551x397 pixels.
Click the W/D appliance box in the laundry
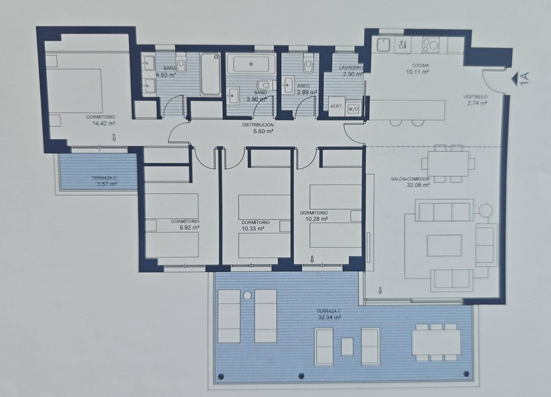point(353,109)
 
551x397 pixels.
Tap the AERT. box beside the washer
point(336,106)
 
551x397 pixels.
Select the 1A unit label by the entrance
point(524,79)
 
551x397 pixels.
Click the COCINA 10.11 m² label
point(418,69)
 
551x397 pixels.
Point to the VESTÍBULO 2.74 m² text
point(476,100)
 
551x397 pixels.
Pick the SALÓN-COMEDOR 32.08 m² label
point(410,182)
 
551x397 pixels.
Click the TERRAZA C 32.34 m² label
point(329,314)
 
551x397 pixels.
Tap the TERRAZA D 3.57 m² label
point(105,181)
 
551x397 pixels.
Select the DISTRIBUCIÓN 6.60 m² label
point(258,128)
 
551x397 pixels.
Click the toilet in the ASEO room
point(308,64)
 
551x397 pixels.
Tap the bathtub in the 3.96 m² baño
point(251,64)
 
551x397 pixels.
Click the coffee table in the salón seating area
point(444,245)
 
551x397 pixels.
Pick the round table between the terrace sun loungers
point(247,295)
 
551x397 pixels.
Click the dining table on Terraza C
point(436,342)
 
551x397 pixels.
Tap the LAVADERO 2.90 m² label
point(351,71)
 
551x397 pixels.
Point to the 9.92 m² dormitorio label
point(185,224)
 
